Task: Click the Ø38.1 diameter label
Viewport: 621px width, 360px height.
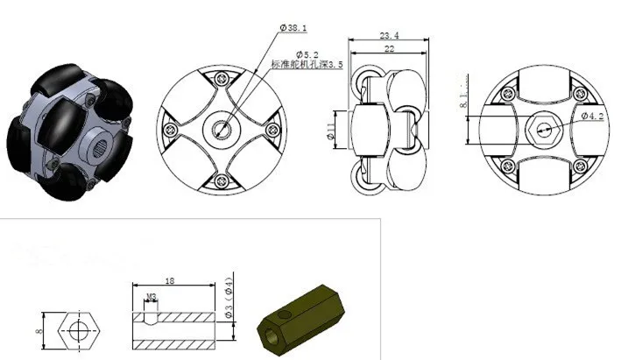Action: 293,28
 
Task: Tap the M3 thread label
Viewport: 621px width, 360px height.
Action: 152,296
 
